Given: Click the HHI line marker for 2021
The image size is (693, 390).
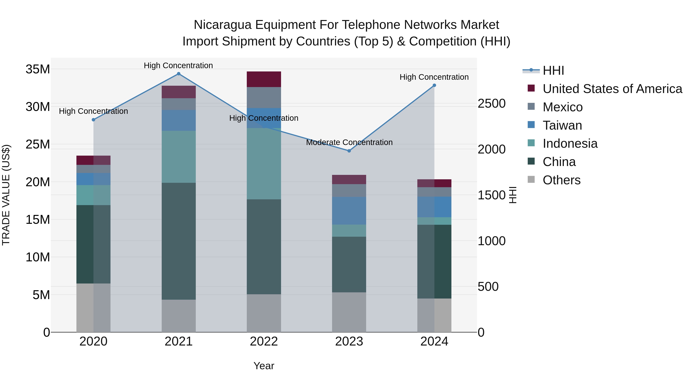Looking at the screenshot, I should pos(179,74).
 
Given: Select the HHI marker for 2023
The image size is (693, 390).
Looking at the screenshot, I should pos(349,151).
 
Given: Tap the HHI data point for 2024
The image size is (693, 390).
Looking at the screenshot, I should pos(434,85).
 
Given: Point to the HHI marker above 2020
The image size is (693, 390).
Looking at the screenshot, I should pos(93,120).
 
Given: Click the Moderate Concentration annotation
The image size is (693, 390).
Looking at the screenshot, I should pos(349,142).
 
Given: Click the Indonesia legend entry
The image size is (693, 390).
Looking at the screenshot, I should pos(570,143).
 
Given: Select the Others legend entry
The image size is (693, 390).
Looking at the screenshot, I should pos(562,180).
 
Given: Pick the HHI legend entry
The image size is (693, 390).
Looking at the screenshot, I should pos(553,70).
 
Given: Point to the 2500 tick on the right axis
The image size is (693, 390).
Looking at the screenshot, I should pos(491,104).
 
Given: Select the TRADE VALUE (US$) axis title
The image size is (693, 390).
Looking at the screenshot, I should pos(6,195).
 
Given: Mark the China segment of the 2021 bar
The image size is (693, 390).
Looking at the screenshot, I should pos(179,241).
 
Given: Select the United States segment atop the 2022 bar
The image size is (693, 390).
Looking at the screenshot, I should pos(264,79).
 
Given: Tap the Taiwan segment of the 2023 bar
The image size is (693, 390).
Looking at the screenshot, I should pos(349,211).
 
